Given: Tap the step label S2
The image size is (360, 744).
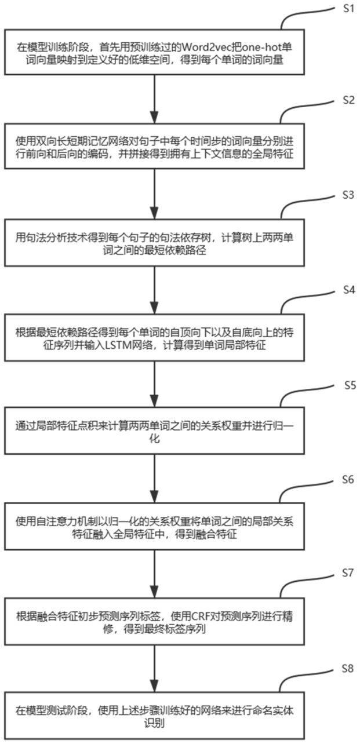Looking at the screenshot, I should tap(347, 100).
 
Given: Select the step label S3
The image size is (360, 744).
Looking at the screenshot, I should tap(347, 195).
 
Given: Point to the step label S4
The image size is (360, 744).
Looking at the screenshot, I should tap(347, 290).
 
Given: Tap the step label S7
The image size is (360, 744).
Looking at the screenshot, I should tap(347, 573).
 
